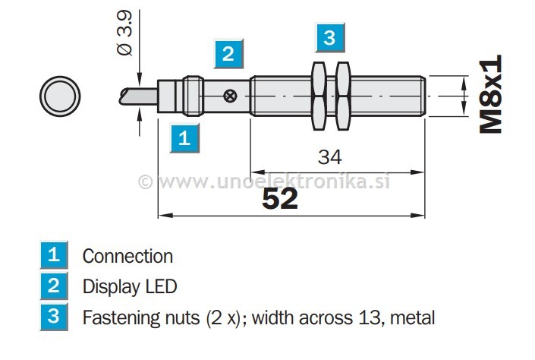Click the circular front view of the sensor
coord(60,96)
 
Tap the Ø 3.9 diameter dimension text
coord(125,35)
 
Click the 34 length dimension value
coord(330,157)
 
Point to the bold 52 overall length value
coord(280,198)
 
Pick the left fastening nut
coord(319,96)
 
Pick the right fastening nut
coord(344,96)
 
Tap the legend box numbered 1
coord(53,255)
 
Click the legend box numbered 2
coord(53,286)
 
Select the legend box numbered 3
coord(53,316)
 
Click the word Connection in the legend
coord(127,256)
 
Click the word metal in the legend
coord(414,317)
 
